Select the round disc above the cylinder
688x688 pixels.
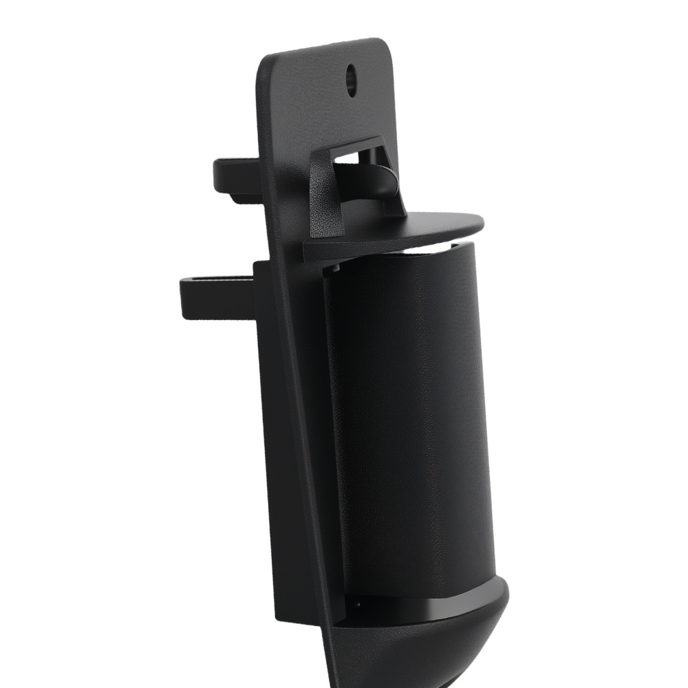click(x=399, y=230)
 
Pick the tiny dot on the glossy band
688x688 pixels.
click(x=358, y=605)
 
